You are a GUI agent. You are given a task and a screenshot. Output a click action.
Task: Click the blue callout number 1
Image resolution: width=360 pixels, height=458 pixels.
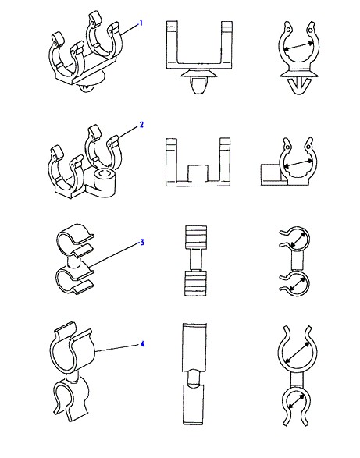coord(141,23)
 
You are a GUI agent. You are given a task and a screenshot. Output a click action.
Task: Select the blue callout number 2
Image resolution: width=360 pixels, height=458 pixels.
coord(141,125)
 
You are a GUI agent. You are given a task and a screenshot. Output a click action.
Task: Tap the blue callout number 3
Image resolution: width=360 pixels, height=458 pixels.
coord(142,242)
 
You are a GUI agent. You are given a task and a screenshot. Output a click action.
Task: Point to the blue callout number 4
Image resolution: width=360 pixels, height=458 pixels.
coord(142,344)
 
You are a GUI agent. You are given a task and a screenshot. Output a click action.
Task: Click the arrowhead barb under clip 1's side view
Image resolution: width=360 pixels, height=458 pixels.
coord(298,85)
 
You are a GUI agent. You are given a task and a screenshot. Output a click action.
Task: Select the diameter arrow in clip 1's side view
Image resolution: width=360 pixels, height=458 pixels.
coord(299,47)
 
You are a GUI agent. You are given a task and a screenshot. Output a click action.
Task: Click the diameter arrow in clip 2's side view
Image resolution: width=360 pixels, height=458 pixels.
coord(299,163)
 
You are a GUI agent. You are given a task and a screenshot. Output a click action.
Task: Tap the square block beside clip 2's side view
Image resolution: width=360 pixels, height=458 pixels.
coord(271,174)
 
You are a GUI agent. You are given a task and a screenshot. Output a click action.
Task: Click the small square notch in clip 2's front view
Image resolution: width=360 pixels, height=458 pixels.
coord(198,172)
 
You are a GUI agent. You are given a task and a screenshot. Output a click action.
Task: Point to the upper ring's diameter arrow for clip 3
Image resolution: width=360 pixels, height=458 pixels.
coord(298,240)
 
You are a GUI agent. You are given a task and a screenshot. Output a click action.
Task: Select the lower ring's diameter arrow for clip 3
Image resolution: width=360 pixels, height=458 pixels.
coord(298,283)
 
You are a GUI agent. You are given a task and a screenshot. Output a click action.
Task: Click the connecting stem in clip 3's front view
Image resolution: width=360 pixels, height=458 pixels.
coord(196,259)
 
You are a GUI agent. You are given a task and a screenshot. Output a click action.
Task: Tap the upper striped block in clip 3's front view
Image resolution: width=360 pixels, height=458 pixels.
coord(196,236)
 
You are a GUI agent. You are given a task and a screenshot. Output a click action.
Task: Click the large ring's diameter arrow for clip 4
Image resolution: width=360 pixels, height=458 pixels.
coord(298,352)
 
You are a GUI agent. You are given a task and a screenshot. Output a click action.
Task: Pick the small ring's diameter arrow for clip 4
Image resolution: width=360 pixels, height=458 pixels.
coord(297,401)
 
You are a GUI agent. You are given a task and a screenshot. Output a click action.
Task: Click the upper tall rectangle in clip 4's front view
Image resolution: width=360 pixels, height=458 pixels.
coord(194,347)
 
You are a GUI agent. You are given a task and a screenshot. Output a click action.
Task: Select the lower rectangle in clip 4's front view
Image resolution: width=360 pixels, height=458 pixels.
coord(194,404)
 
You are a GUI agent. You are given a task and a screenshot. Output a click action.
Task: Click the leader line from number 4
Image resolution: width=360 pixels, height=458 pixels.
coord(117,347)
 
